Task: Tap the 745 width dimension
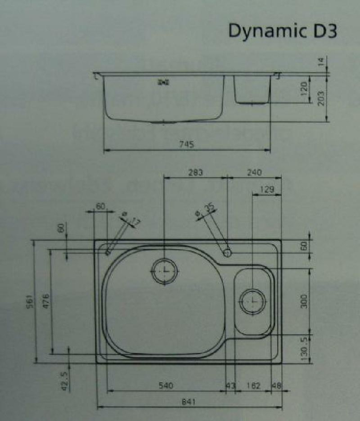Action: tap(186, 145)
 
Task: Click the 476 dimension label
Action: tap(46, 301)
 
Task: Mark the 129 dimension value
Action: tap(266, 189)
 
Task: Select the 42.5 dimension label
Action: tap(64, 380)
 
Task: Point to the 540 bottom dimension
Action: tap(165, 386)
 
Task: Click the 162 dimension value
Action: tap(253, 386)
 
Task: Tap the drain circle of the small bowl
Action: tap(252, 300)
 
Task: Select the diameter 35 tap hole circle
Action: tap(227, 251)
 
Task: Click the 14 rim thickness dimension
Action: tap(321, 61)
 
